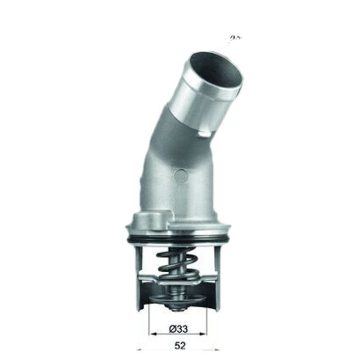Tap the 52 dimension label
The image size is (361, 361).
point(180,346)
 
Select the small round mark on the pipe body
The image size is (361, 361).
point(180,175)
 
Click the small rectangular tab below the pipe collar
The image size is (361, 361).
point(204,133)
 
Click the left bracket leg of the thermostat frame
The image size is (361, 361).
point(139,275)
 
